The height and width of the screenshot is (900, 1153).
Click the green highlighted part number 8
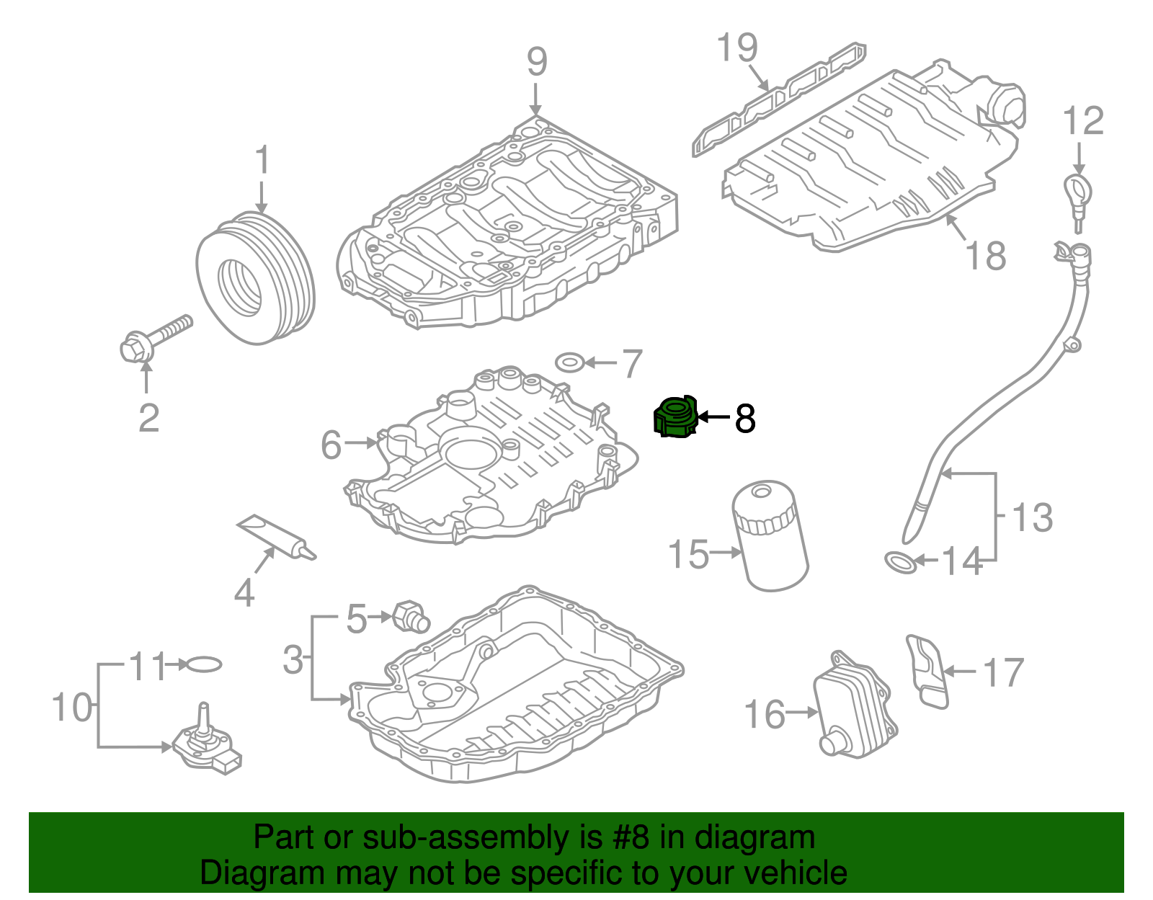676,418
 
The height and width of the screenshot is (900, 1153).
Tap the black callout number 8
745,418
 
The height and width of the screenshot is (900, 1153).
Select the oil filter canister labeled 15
770,537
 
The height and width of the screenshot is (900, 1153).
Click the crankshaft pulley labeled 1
255,277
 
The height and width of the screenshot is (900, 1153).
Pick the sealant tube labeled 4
275,537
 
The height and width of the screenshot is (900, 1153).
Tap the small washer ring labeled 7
570,361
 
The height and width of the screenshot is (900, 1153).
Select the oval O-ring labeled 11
204,664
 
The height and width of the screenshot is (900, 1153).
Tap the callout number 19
737,48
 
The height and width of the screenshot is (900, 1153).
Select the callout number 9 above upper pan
537,62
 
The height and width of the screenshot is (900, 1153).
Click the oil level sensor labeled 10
206,742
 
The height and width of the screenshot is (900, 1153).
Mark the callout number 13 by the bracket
1033,517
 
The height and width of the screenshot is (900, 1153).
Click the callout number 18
985,256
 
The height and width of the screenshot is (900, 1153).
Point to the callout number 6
331,445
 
